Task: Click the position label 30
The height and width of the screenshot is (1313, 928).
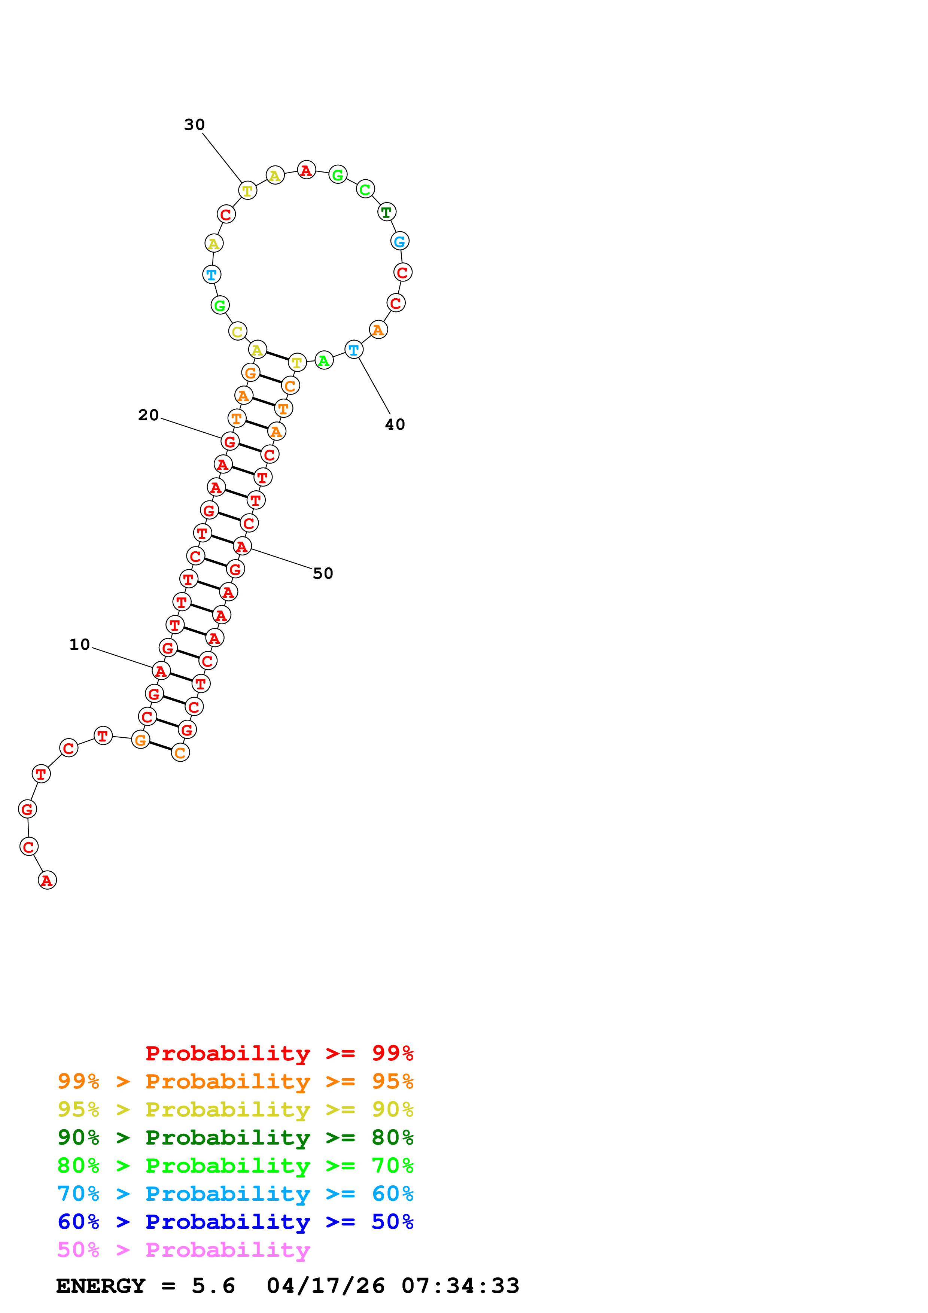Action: pyautogui.click(x=194, y=125)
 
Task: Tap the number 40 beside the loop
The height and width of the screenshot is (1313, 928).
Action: pyautogui.click(x=395, y=424)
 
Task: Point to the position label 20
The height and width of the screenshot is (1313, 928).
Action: pyautogui.click(x=149, y=415)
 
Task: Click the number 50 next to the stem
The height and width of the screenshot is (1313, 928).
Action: pyautogui.click(x=323, y=573)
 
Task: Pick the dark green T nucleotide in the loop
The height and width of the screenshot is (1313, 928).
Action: pyautogui.click(x=387, y=212)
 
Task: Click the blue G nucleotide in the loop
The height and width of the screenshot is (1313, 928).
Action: pyautogui.click(x=400, y=241)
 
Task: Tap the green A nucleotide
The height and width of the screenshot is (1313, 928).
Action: pyautogui.click(x=324, y=361)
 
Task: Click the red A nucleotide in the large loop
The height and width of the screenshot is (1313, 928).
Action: pyautogui.click(x=307, y=170)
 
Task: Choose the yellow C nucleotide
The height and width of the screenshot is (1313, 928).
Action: pyautogui.click(x=237, y=331)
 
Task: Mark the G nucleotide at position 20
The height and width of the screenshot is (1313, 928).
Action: pyautogui.click(x=230, y=442)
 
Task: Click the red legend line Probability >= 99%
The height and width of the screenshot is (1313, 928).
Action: pyautogui.click(x=280, y=1053)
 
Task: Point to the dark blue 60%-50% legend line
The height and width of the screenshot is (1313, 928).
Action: pyautogui.click(x=235, y=1222)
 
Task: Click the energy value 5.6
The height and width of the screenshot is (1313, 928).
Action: pyautogui.click(x=213, y=1286)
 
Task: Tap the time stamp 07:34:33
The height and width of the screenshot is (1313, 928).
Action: pyautogui.click(x=460, y=1286)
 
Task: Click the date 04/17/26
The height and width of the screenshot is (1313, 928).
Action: pyautogui.click(x=326, y=1286)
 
